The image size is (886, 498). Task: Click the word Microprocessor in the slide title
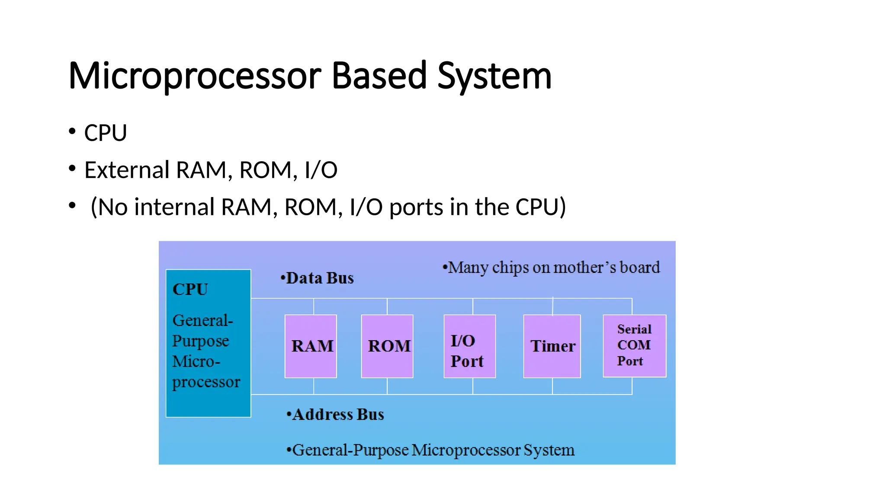(195, 76)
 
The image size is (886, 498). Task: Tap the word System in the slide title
(494, 76)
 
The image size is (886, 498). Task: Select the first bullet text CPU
(106, 133)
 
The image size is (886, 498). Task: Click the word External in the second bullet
(127, 169)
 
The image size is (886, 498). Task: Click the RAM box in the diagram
(311, 346)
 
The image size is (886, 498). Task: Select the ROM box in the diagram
(387, 346)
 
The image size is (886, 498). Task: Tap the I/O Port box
(469, 346)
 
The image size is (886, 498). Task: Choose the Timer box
(552, 346)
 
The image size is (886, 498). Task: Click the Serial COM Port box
(634, 346)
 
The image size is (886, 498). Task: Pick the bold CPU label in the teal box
(190, 289)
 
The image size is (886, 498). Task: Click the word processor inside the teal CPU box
(206, 382)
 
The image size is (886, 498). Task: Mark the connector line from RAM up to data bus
(314, 306)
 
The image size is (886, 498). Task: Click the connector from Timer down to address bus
(552, 386)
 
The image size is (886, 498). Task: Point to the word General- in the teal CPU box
(202, 320)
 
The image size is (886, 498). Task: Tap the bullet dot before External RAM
(72, 168)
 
